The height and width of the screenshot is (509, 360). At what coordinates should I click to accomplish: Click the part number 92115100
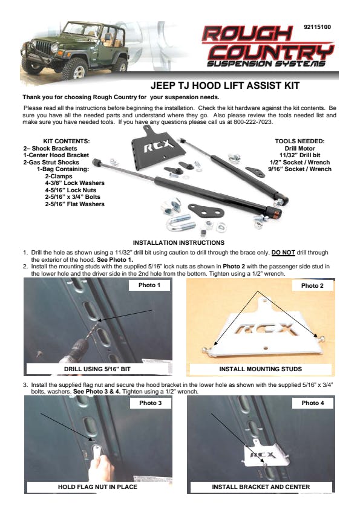coord(317,27)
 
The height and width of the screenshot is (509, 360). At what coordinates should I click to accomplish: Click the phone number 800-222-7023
coord(252,122)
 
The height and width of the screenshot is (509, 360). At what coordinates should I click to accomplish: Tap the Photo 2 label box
coord(312,286)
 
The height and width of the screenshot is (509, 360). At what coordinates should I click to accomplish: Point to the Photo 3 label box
coord(150,403)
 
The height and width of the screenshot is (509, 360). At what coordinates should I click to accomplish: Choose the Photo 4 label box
coord(313,403)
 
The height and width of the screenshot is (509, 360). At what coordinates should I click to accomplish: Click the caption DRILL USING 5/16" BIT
coord(97,369)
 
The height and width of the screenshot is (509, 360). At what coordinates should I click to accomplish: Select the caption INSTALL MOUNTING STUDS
coord(260,369)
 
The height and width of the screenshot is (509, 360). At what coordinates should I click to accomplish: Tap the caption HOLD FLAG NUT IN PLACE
coord(97,487)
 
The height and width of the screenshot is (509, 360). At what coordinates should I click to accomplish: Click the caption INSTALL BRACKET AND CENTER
coord(261,487)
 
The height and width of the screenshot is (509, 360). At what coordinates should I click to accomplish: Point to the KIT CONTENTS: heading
coord(67,141)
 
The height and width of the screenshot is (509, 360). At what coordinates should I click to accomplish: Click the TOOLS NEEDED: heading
coord(299,141)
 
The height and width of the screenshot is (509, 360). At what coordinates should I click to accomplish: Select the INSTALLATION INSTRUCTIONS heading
coord(178,242)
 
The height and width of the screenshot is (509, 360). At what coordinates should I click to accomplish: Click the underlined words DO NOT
coord(283,253)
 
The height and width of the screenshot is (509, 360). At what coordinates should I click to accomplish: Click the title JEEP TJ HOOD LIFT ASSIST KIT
coord(225,86)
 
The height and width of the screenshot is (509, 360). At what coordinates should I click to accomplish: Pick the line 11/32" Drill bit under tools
coord(299,155)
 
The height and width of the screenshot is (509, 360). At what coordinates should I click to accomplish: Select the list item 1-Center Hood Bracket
coord(56,155)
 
